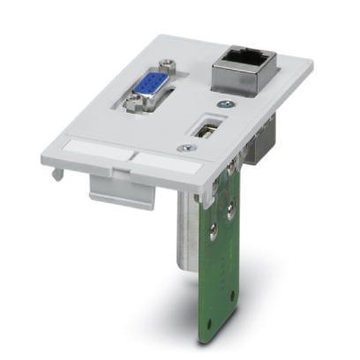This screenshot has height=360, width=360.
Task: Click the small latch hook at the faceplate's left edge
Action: tap(55, 174)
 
